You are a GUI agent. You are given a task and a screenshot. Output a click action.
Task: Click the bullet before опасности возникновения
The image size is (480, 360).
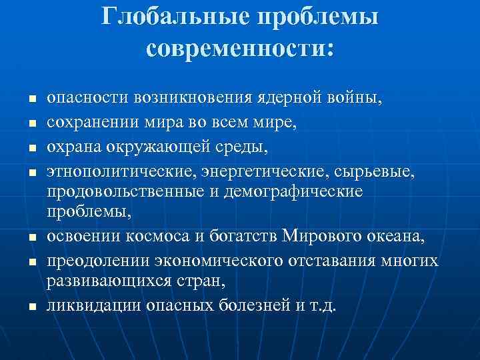pyautogui.click(x=31, y=99)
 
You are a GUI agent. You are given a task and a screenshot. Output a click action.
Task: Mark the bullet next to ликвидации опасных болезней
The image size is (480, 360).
pyautogui.click(x=31, y=306)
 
